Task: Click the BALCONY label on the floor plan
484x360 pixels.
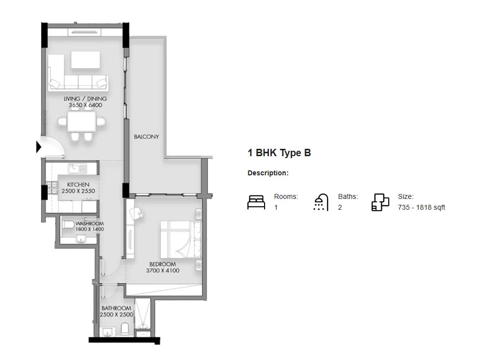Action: pyautogui.click(x=146, y=137)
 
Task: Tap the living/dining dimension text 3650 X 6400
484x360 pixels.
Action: pyautogui.click(x=85, y=105)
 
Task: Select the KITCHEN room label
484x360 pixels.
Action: pyautogui.click(x=78, y=184)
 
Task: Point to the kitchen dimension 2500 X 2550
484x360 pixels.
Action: pyautogui.click(x=79, y=191)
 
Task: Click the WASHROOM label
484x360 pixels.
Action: pyautogui.click(x=89, y=223)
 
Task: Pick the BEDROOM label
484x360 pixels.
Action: pyautogui.click(x=162, y=264)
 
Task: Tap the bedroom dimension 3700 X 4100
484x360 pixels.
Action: pyautogui.click(x=162, y=271)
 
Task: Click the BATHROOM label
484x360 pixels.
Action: pyautogui.click(x=116, y=308)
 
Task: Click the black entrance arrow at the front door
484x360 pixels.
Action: pyautogui.click(x=39, y=147)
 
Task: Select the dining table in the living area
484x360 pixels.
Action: pyautogui.click(x=82, y=121)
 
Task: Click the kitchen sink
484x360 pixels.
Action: pyautogui.click(x=78, y=168)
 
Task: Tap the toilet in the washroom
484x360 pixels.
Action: pyautogui.click(x=68, y=224)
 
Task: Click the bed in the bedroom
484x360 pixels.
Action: pyautogui.click(x=181, y=239)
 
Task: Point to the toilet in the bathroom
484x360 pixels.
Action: pyautogui.click(x=125, y=329)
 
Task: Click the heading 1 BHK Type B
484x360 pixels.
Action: pyautogui.click(x=279, y=153)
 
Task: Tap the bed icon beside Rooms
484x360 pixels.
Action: pyautogui.click(x=256, y=202)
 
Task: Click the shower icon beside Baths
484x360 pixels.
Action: pyautogui.click(x=321, y=202)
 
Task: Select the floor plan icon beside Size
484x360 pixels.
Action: pyautogui.click(x=380, y=202)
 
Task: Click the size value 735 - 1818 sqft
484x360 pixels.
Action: pyautogui.click(x=421, y=207)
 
